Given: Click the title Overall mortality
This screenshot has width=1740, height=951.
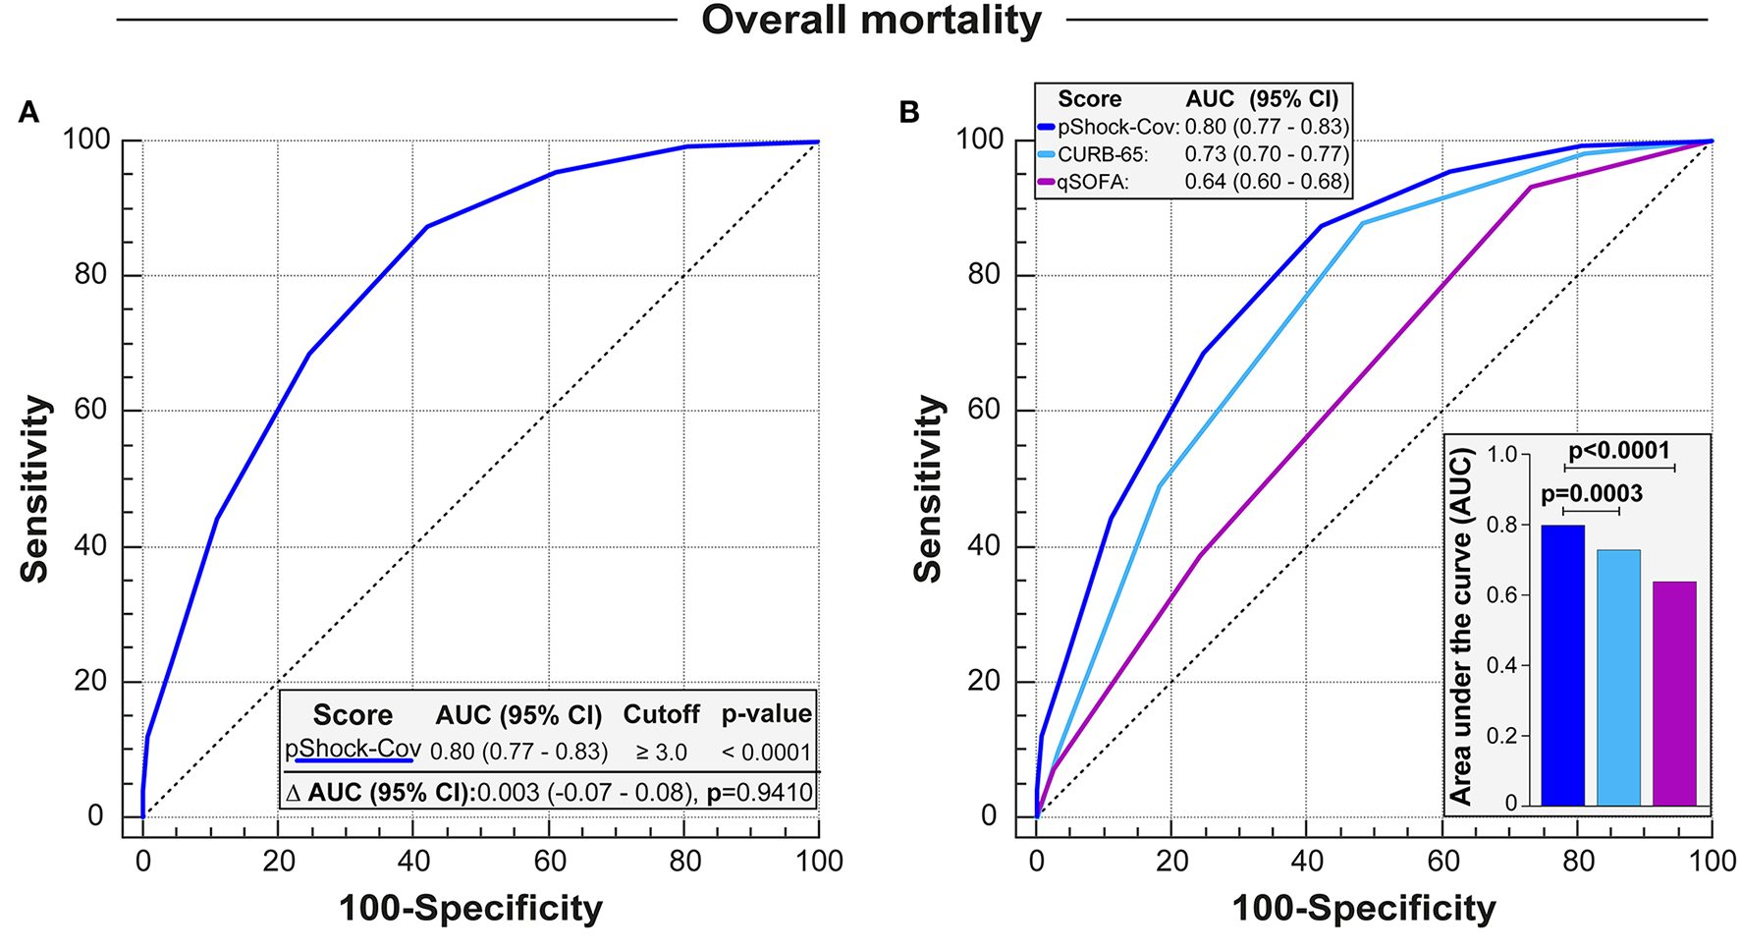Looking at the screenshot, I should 870,20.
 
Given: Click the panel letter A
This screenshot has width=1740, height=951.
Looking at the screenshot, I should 28,113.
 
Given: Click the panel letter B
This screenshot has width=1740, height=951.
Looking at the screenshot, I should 909,113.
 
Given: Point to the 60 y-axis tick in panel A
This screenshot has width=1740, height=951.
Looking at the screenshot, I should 90,410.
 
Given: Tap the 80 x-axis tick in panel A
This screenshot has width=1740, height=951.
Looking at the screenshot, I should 684,862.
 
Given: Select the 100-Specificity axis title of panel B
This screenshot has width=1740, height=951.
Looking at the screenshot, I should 1363,908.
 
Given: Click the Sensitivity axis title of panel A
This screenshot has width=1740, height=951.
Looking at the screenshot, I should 35,488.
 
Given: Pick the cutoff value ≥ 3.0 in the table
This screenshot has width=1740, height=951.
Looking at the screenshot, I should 661,753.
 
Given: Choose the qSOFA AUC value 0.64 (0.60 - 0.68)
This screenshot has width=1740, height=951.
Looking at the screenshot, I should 1266,182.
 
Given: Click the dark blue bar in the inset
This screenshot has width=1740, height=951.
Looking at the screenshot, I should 1562,665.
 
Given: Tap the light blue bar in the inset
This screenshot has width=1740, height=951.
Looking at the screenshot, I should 1618,677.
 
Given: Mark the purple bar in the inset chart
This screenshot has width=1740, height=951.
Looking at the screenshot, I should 1674,693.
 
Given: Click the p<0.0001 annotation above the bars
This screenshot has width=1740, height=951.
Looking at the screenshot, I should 1618,451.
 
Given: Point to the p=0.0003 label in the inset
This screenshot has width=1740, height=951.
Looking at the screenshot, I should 1591,494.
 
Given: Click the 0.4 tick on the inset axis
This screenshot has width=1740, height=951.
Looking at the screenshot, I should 1502,666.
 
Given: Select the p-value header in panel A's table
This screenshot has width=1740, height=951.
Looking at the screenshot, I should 766,714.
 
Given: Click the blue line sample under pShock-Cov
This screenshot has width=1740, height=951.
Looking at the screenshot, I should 353,760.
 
